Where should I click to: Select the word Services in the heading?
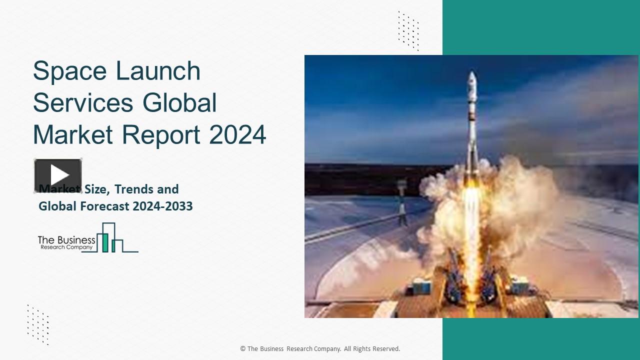[x=83, y=103]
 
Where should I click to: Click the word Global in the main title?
[x=179, y=103]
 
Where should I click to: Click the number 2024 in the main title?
[x=237, y=134]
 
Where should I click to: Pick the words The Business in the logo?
[x=66, y=240]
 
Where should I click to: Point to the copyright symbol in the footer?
[x=242, y=349]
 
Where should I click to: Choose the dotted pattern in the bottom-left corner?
[x=38, y=324]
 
